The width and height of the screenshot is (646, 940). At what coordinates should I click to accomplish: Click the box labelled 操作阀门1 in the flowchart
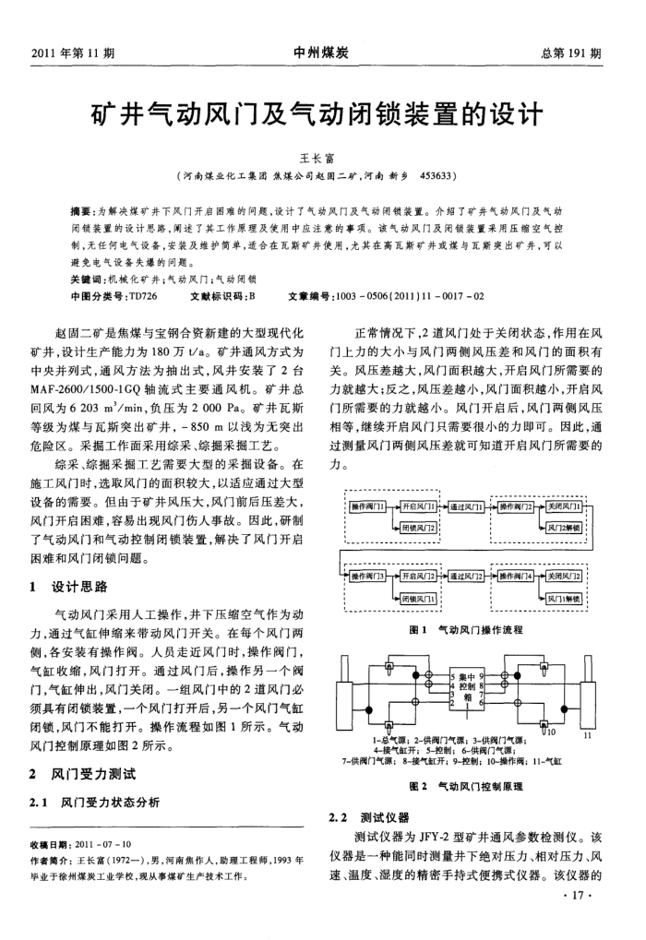click(x=368, y=508)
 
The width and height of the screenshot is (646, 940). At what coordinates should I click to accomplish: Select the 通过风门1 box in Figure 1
click(x=470, y=508)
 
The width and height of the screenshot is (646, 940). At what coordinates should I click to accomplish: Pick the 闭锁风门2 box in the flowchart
click(x=419, y=528)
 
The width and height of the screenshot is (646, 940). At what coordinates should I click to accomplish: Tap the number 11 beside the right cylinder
click(x=588, y=735)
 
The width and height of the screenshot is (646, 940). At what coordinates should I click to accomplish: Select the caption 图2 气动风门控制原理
click(x=466, y=786)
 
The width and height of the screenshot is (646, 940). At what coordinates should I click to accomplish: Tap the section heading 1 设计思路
click(x=69, y=586)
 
